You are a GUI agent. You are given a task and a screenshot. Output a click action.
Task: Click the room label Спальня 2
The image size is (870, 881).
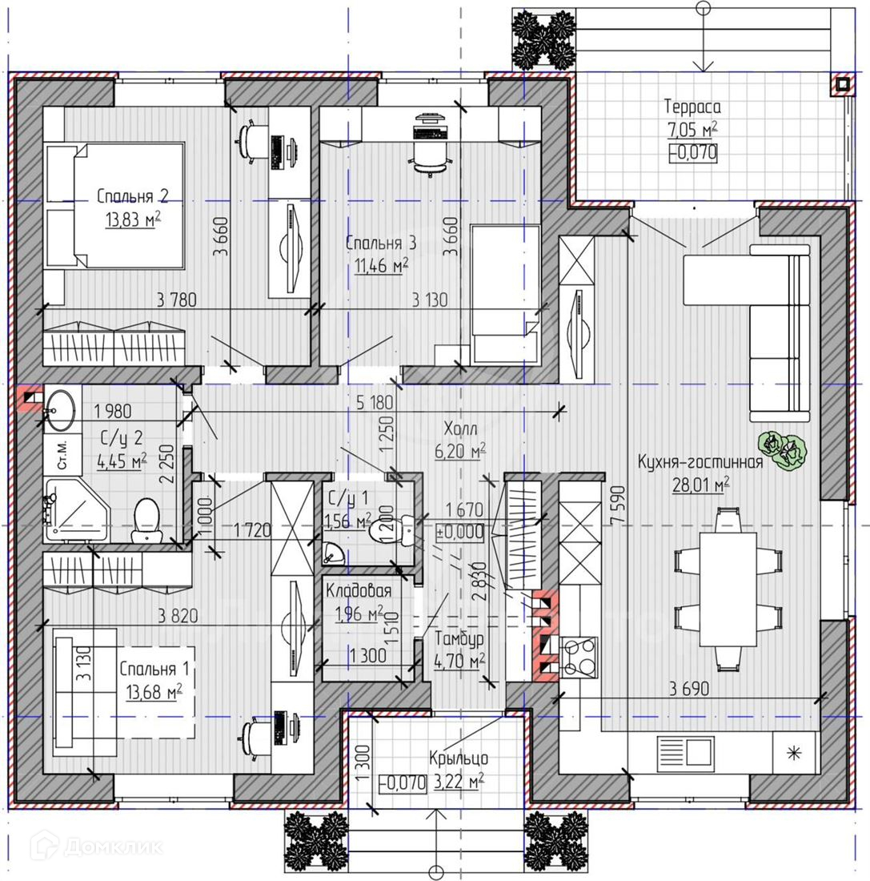[x=133, y=196]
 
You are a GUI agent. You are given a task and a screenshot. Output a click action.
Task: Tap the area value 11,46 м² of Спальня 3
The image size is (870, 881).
[x=381, y=265]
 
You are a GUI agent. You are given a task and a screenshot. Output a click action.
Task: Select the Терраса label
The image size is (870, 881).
[x=692, y=107]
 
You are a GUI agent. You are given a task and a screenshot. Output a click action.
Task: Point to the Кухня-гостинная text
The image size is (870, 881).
[x=700, y=462]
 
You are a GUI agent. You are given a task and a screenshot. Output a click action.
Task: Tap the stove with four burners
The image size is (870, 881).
[x=579, y=655]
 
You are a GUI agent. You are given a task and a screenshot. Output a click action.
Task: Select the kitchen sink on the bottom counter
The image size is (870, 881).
[x=685, y=754]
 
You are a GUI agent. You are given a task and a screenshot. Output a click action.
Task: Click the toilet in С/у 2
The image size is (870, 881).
[x=146, y=519]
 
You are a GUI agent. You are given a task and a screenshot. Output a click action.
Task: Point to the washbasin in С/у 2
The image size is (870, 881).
[x=59, y=410]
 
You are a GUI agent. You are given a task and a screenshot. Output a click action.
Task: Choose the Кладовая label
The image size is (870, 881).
[x=359, y=590]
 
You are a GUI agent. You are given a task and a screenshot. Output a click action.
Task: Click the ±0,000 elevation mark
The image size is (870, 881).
[x=460, y=532]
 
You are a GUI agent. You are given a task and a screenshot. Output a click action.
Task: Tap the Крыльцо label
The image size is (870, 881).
[x=459, y=758]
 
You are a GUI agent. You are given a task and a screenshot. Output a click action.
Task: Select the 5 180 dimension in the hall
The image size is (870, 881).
[x=375, y=402]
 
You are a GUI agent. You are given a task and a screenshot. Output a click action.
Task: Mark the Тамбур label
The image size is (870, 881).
[x=459, y=639]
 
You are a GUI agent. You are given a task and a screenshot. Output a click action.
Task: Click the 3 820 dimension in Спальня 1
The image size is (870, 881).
[x=178, y=616]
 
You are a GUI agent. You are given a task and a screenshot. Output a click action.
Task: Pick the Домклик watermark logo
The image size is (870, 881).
[x=97, y=846]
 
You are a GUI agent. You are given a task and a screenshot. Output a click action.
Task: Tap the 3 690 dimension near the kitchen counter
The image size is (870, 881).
[x=689, y=688]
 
